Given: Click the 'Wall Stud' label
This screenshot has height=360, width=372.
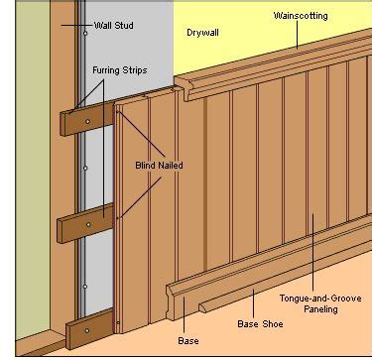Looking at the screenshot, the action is [x=114, y=26].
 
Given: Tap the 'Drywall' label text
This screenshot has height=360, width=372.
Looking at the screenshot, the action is [x=202, y=33].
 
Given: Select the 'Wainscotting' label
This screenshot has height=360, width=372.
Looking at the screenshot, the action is [x=301, y=16].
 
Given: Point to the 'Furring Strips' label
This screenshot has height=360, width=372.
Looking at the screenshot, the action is [x=120, y=70].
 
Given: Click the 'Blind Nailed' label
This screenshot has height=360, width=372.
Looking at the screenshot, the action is [x=159, y=166].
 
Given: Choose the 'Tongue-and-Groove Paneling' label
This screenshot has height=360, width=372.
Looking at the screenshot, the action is [x=320, y=303].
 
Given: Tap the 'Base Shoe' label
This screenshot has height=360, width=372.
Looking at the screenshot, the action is [x=260, y=323].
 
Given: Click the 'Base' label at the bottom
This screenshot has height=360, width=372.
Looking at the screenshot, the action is [x=188, y=341].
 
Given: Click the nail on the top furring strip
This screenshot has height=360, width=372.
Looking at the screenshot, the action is [x=87, y=122].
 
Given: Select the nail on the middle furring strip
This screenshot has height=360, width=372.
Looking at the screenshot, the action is [x=88, y=225].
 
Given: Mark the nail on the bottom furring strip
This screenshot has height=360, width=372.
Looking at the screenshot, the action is [x=87, y=330].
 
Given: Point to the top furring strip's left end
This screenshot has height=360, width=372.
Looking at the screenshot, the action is [x=62, y=124].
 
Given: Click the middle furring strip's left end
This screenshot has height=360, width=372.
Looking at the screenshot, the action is [x=60, y=231].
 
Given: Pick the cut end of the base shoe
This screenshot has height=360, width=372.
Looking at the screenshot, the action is [x=202, y=308].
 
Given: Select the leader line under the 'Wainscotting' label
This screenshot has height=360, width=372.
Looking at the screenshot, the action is [x=297, y=35].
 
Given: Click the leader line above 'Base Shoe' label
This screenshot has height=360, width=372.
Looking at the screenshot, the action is [x=254, y=304].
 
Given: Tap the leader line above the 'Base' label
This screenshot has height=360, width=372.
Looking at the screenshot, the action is [x=184, y=316].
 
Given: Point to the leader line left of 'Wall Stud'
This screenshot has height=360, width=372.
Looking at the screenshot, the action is [x=76, y=25].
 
